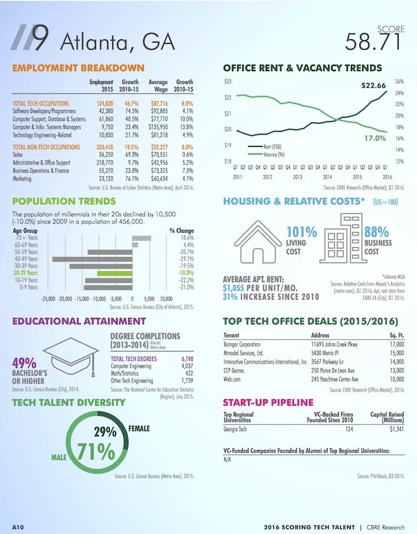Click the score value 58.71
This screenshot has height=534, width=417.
coord(373,42)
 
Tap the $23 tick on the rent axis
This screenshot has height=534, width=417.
coord(228,82)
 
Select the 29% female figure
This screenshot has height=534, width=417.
coord(105,432)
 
